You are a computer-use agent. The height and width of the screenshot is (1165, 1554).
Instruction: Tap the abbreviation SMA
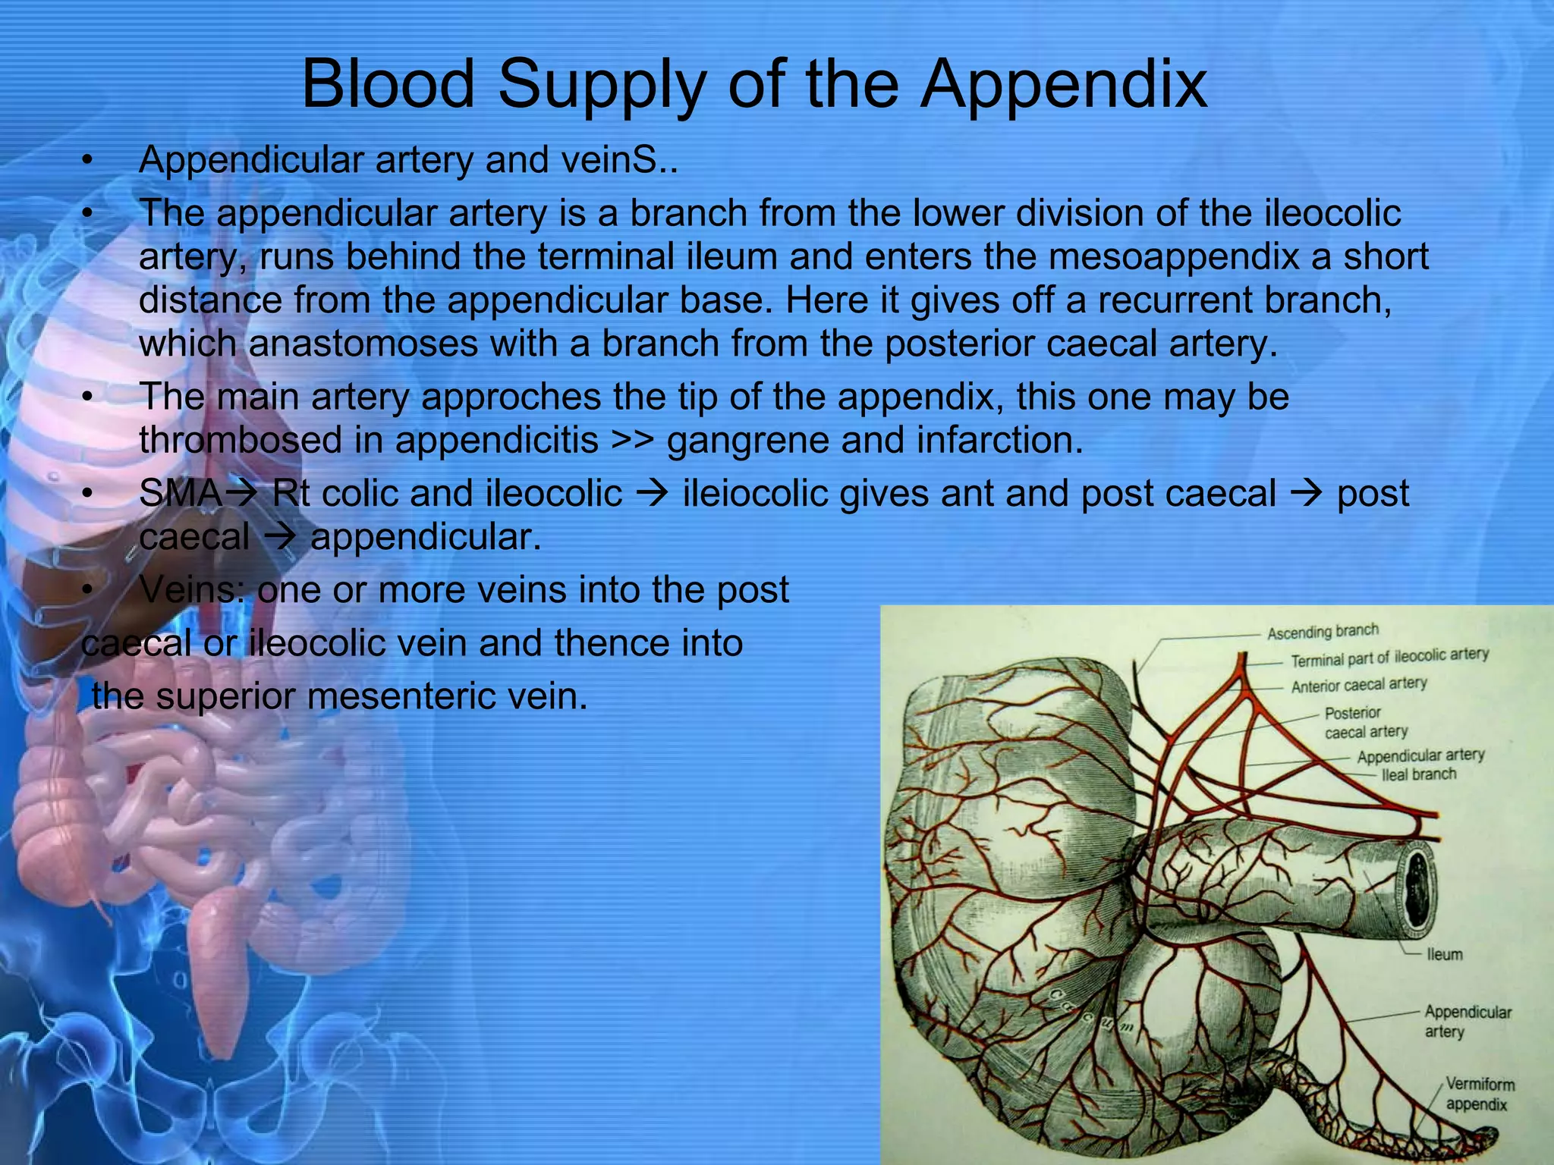click(181, 494)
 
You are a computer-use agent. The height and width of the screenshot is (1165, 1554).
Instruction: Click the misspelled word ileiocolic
click(762, 494)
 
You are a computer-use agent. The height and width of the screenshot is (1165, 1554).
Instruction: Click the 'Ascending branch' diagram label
click(1323, 632)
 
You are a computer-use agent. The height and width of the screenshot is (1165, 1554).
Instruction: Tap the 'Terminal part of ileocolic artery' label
click(1389, 658)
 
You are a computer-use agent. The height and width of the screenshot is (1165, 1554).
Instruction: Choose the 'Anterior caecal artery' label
click(1358, 685)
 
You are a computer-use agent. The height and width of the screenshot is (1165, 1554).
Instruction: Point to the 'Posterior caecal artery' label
click(1365, 722)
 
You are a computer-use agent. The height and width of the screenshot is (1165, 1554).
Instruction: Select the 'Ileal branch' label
click(1419, 774)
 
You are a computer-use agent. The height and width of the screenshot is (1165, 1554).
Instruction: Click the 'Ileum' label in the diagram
click(1444, 954)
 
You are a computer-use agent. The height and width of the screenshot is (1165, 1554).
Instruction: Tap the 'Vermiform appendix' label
click(1479, 1094)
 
